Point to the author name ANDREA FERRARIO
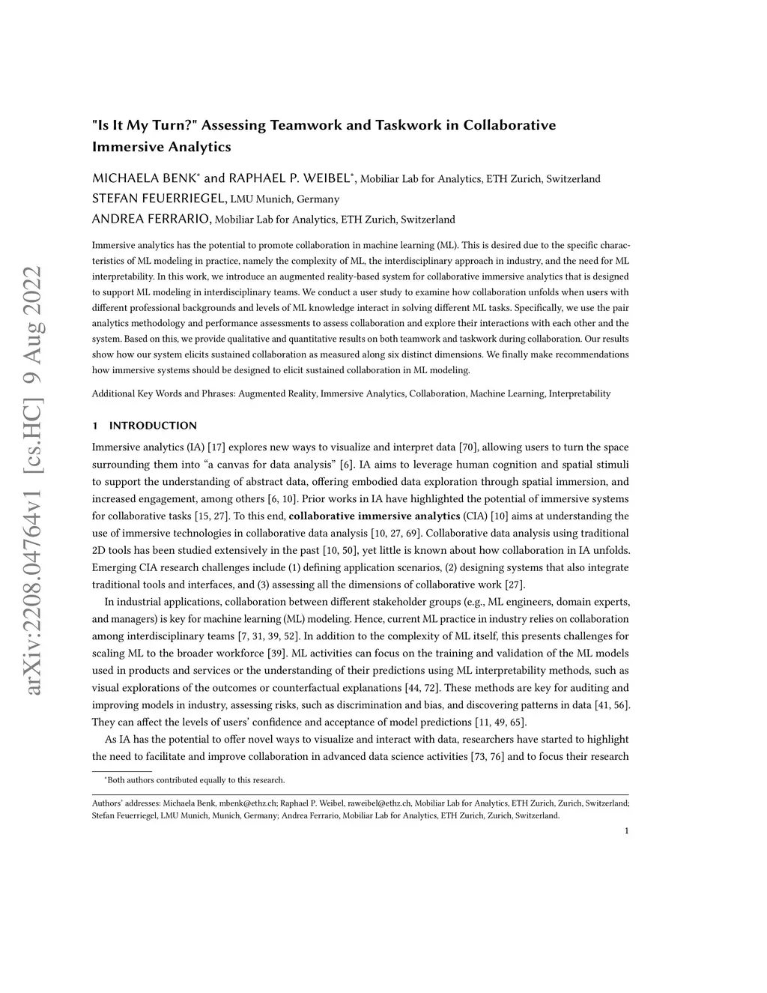pos(152,219)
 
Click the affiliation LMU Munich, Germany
pos(285,199)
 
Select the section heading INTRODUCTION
pos(153,426)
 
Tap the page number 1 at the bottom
pos(626,830)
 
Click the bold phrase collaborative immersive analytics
pos(375,516)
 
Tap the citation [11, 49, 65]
pos(501,722)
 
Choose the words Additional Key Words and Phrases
pos(163,393)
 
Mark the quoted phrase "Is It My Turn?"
pos(144,124)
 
